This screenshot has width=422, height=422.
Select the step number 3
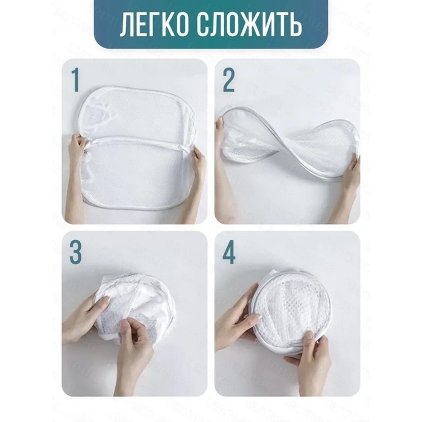[75, 253]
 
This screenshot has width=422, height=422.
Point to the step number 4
[229, 253]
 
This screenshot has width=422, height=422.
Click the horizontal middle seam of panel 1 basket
[139, 140]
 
